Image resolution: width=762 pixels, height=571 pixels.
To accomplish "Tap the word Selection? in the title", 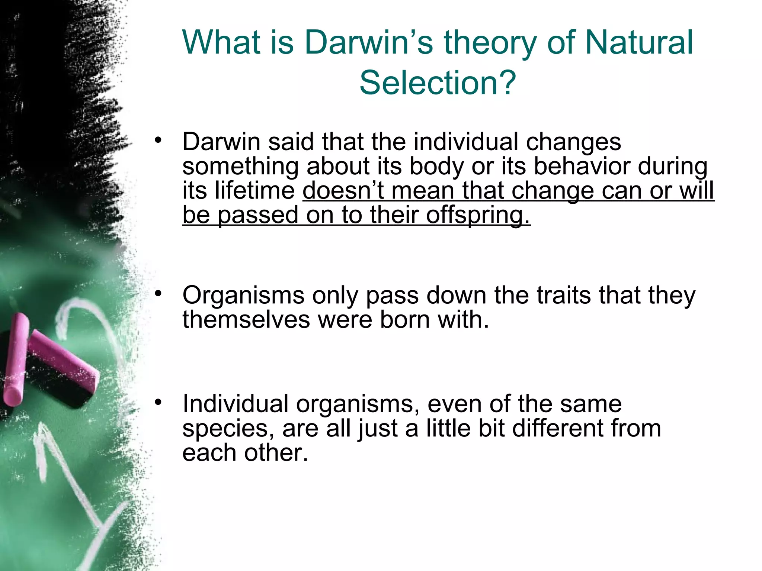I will [x=438, y=83].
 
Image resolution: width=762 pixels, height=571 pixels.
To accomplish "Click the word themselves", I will [x=246, y=319].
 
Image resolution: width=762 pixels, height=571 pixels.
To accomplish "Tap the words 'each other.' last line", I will [x=245, y=453].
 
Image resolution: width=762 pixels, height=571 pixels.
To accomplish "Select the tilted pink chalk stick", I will [x=63, y=357].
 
